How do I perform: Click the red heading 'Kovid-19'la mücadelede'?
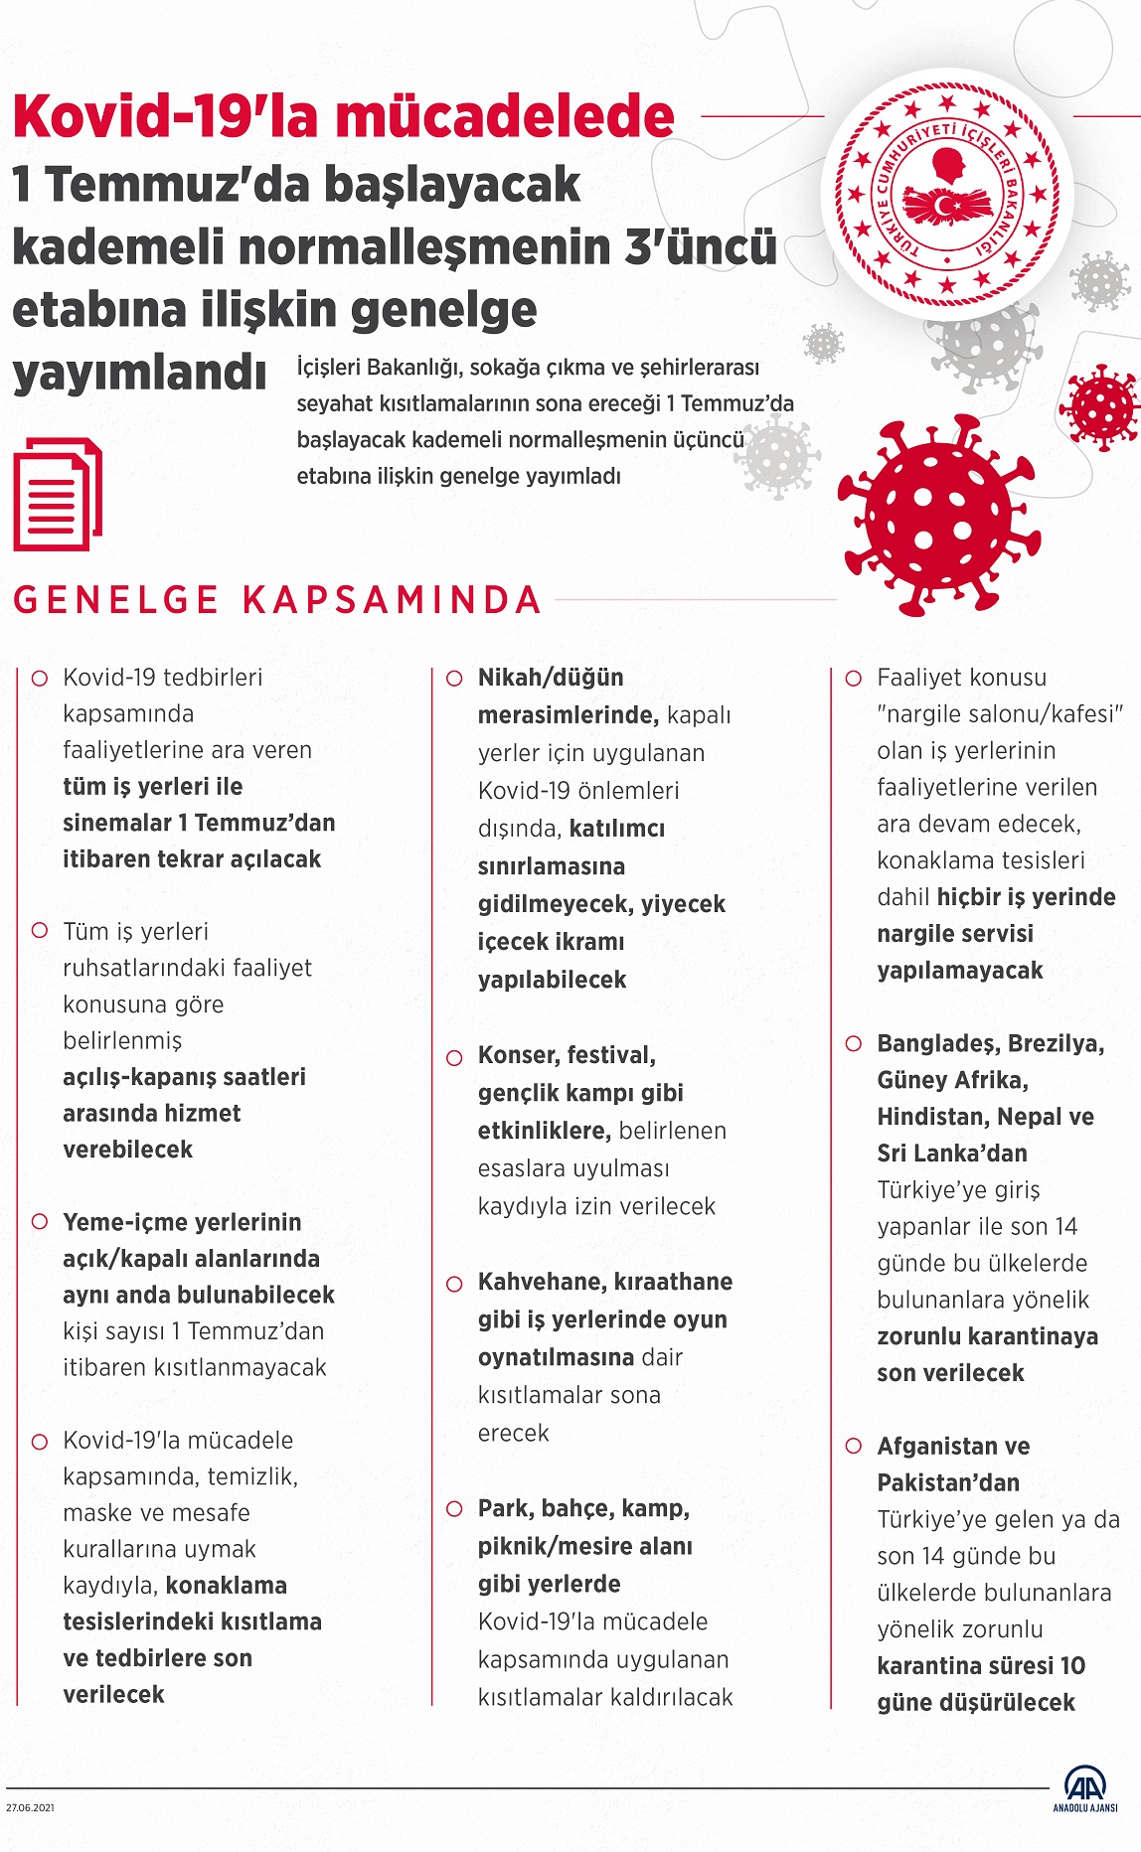(x=343, y=117)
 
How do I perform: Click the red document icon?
(x=57, y=494)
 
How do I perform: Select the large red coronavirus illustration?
(x=938, y=515)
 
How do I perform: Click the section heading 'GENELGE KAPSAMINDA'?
(x=277, y=600)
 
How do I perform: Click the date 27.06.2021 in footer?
(x=30, y=1807)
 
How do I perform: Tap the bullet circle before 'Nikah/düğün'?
(x=454, y=679)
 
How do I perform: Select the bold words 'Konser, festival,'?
(x=567, y=1055)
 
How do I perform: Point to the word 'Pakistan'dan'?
(x=948, y=1482)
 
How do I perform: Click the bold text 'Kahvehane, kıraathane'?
(x=604, y=1282)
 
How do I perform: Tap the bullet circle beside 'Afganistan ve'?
(x=853, y=1447)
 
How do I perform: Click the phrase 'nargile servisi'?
(x=954, y=934)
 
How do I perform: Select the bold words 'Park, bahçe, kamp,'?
(x=583, y=1508)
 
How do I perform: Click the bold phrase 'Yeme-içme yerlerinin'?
(x=182, y=1222)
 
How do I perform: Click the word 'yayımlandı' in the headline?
(x=139, y=373)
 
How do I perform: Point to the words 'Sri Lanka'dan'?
(x=951, y=1154)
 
